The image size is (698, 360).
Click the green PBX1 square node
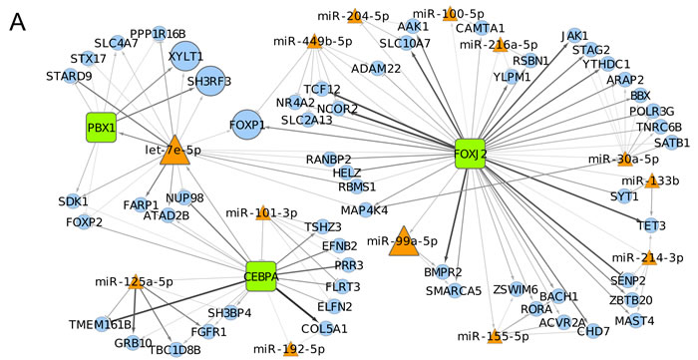point(101,128)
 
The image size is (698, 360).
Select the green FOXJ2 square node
point(470,154)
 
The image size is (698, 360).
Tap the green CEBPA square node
point(261,276)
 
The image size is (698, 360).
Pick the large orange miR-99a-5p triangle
point(404,241)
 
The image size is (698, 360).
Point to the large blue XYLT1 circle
point(184,56)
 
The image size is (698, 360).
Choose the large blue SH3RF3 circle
point(210,81)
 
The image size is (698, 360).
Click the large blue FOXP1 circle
point(246,125)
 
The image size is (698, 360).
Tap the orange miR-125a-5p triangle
point(136,282)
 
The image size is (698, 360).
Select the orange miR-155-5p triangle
point(494,335)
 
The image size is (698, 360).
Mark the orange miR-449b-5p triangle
point(315,41)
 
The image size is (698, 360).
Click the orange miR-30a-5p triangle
point(625,160)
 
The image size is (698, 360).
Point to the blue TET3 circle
point(652,225)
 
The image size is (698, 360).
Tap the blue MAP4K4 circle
point(365,210)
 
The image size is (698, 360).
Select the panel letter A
point(17,21)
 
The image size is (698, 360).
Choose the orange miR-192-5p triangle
point(291,348)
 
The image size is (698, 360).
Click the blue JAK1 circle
point(574,35)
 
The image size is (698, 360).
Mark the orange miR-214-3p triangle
point(648,259)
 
